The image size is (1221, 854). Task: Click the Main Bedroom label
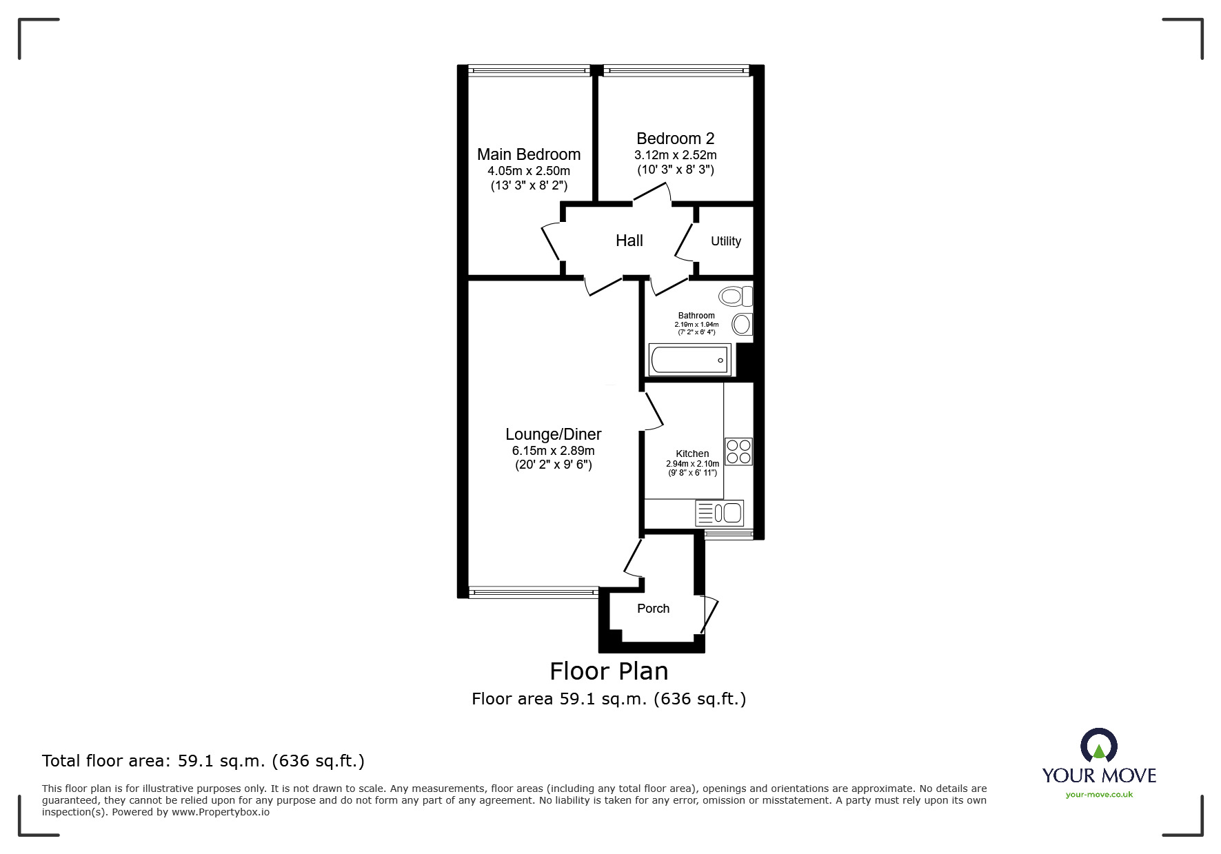click(x=529, y=154)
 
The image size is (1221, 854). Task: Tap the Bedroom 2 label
click(x=675, y=139)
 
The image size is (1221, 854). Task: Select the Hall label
click(x=629, y=241)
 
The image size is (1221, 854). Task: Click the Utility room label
click(x=725, y=241)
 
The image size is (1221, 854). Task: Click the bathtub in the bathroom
click(x=689, y=360)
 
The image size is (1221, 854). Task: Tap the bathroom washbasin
click(x=742, y=324)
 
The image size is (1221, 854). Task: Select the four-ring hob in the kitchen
click(x=738, y=451)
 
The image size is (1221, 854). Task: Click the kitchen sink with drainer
click(x=720, y=513)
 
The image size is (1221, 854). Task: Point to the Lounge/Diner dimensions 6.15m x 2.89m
click(x=553, y=451)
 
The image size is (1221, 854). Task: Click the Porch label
click(x=653, y=609)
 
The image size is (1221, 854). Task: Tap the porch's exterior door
click(x=710, y=615)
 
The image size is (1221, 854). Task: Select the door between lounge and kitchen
click(x=652, y=411)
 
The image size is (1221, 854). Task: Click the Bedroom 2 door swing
click(x=652, y=193)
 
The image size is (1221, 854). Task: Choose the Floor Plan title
click(x=609, y=671)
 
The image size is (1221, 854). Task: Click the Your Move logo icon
click(x=1098, y=746)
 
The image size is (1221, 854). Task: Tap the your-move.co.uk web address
click(x=1099, y=795)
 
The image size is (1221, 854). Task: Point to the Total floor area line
click(x=203, y=761)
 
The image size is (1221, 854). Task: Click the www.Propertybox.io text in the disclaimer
click(x=220, y=812)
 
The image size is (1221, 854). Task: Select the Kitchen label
click(x=692, y=454)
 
